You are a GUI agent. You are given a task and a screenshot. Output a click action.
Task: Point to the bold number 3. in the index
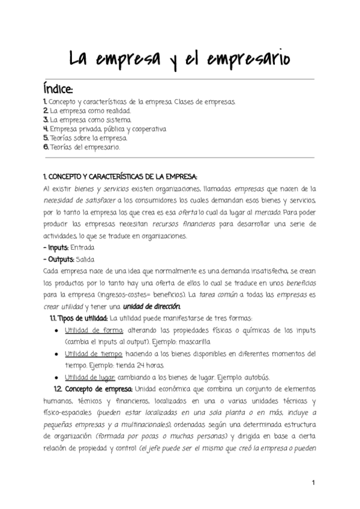point(46,119)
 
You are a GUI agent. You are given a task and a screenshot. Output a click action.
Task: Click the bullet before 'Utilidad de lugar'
point(56,377)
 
